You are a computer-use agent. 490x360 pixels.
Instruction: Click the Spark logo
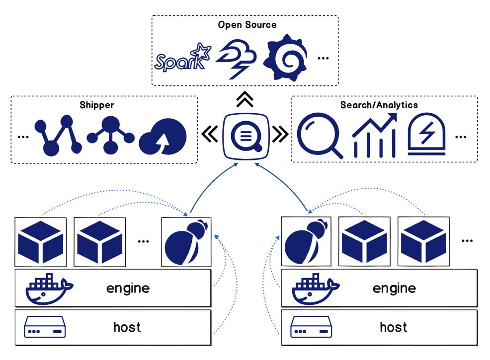[x=182, y=58]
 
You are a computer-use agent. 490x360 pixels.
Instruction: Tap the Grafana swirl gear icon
[x=285, y=58]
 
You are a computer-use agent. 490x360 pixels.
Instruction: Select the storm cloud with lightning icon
[x=236, y=59]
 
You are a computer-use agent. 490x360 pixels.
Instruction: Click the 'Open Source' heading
[x=247, y=25]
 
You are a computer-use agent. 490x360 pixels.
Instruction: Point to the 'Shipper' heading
[x=97, y=105]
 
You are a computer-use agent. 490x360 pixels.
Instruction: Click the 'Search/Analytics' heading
[x=379, y=105]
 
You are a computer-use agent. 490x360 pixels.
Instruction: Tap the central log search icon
[x=246, y=136]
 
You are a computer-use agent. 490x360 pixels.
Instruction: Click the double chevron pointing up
[x=245, y=99]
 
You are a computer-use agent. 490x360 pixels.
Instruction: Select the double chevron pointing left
[x=210, y=134]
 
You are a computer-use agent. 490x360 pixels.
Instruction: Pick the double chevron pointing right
[x=280, y=134]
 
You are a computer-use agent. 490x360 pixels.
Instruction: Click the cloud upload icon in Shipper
[x=163, y=137]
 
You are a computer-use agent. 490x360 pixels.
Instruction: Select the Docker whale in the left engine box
[x=49, y=289]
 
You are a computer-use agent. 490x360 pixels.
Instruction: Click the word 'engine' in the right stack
[x=394, y=288]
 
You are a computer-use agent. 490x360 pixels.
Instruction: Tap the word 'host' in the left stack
[x=127, y=327]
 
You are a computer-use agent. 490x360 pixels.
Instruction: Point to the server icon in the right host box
[x=311, y=327]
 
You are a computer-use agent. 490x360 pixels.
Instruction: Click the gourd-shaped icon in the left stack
[x=186, y=242]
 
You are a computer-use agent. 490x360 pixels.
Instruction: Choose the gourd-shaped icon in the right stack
[x=306, y=242]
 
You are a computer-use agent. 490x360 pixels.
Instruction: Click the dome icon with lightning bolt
[x=426, y=135]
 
